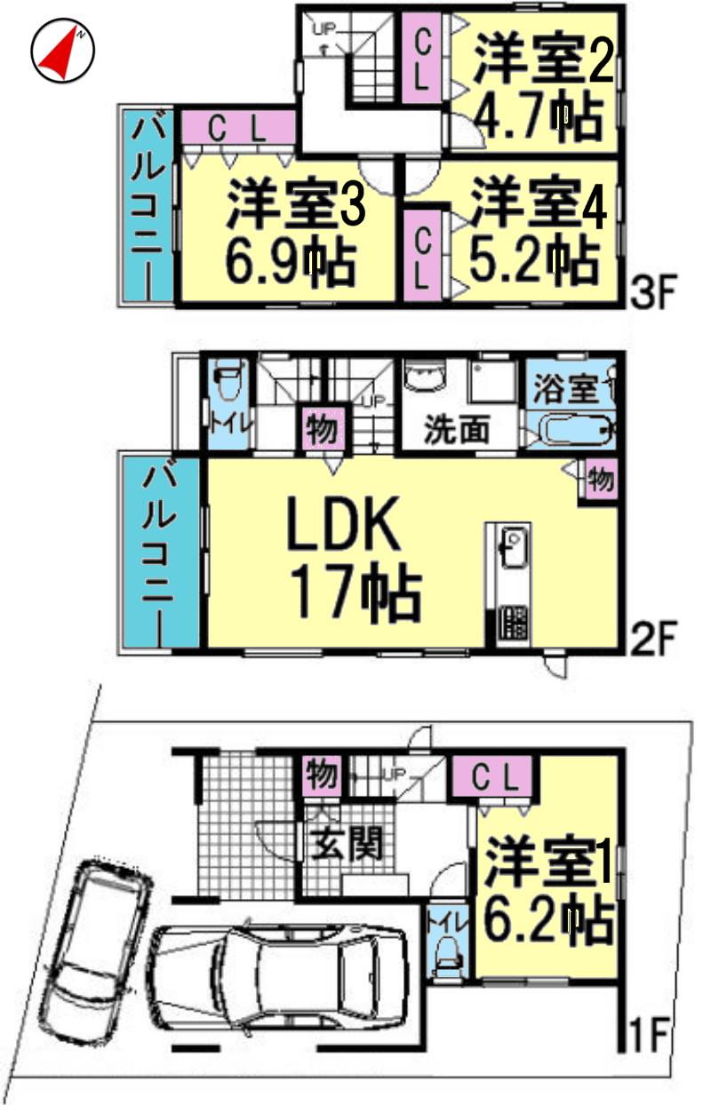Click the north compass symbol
click(63, 51)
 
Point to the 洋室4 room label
click(539, 205)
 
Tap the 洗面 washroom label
click(456, 430)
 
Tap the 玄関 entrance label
click(348, 844)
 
